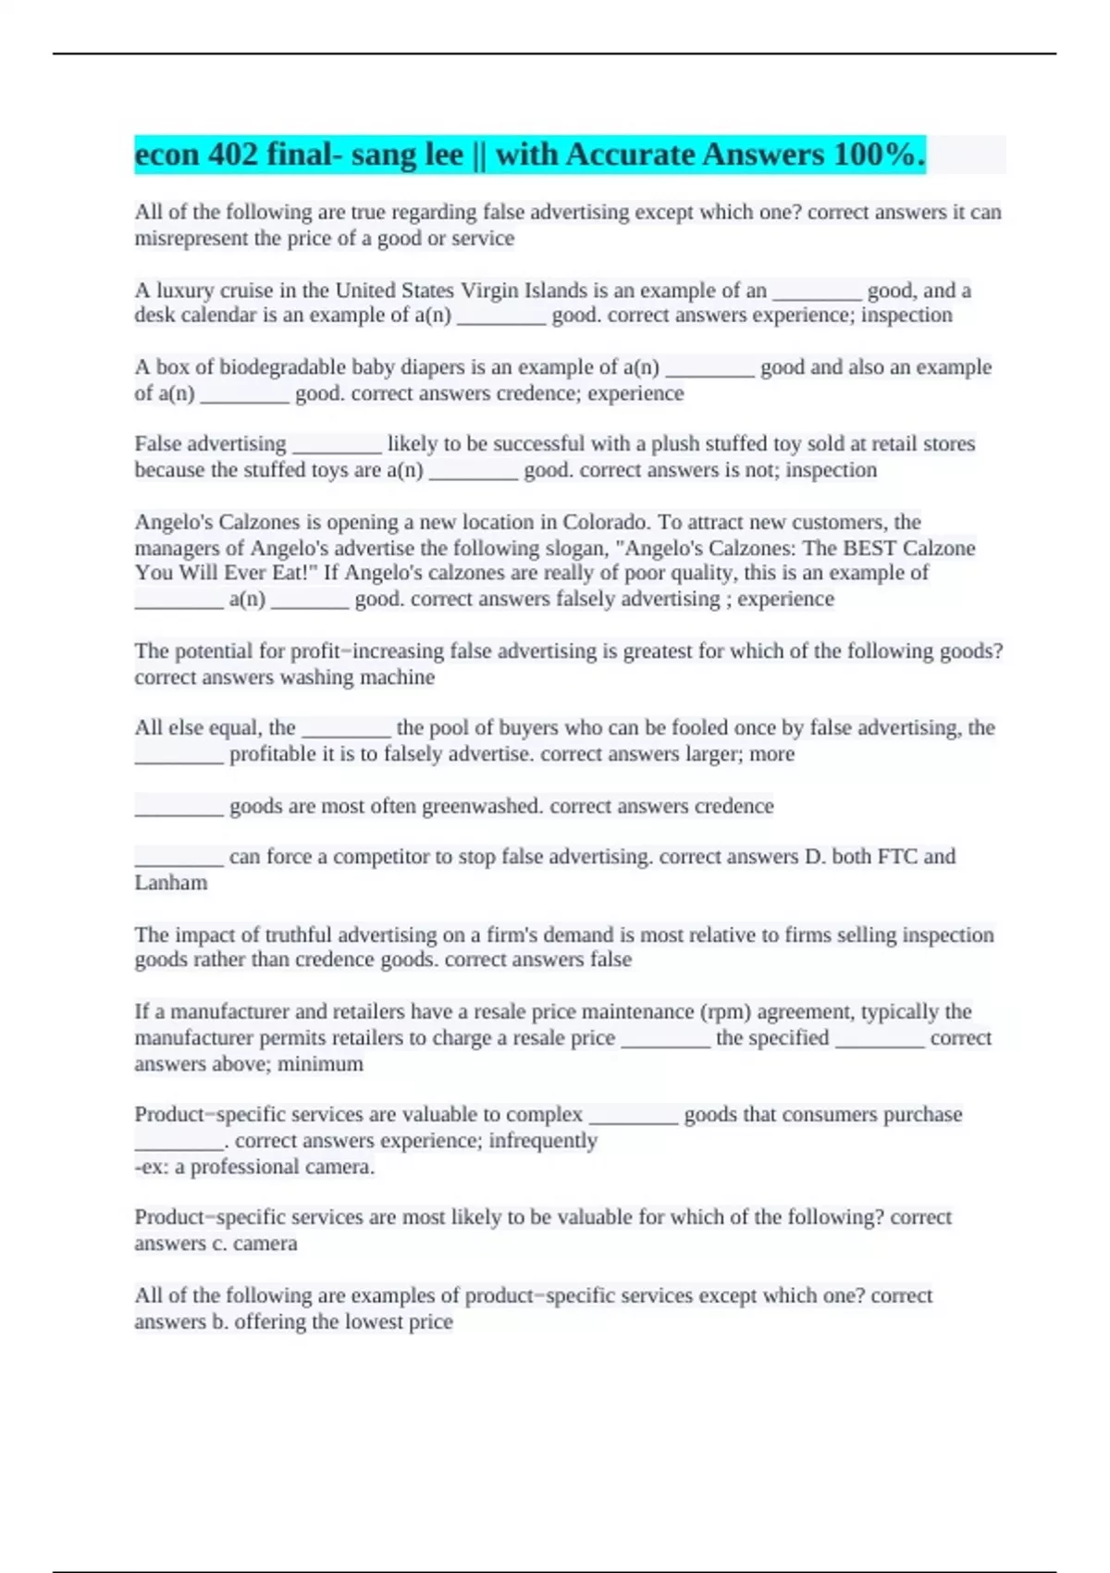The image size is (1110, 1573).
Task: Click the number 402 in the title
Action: click(233, 155)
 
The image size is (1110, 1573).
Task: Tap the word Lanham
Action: click(171, 883)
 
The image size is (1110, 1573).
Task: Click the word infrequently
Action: click(543, 1141)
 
